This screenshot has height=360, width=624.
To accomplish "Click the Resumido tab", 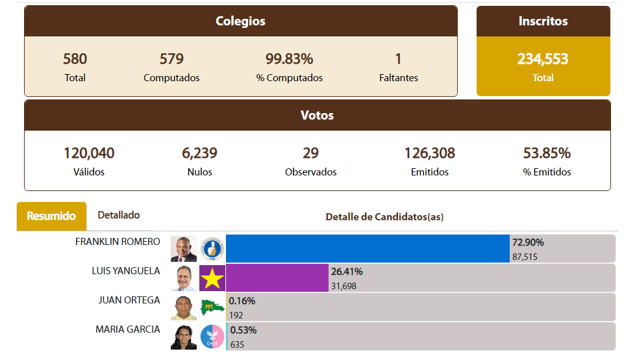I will [51, 216].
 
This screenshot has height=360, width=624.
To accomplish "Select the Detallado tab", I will [118, 215].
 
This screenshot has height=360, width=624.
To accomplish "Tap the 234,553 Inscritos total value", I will [543, 59].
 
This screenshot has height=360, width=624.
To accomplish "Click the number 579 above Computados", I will [171, 59].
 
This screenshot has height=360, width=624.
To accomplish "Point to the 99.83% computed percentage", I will [289, 59].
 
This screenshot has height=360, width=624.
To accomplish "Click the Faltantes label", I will [398, 78].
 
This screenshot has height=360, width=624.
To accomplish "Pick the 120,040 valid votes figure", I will [89, 153].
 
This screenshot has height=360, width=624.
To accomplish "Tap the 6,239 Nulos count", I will [199, 153].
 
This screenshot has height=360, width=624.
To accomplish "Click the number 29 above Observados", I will [310, 153].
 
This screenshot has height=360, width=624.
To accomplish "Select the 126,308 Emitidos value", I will [429, 153].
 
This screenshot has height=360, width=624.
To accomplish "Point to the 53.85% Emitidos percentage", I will [547, 153].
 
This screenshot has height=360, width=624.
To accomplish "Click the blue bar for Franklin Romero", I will [368, 249].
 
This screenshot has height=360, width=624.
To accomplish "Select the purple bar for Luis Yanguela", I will [277, 278].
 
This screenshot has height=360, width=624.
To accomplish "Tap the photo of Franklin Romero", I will [183, 249].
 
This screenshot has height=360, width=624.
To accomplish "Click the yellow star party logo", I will [212, 278].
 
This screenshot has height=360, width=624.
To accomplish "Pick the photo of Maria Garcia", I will [183, 337].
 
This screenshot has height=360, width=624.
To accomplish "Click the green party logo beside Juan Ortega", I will [212, 307].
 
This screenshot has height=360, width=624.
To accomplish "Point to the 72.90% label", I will [528, 242].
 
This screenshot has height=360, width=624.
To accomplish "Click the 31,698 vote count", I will [343, 286].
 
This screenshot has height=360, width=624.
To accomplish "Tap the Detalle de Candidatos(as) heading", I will [384, 217].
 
